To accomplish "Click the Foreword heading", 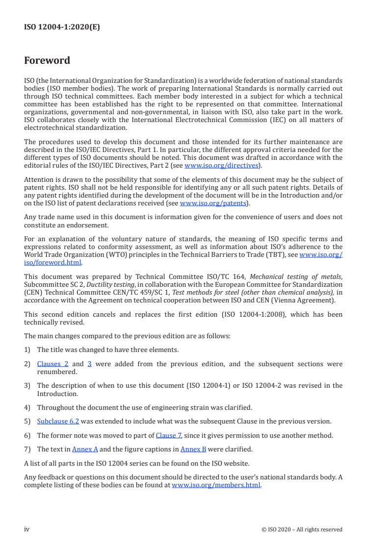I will [x=47, y=61].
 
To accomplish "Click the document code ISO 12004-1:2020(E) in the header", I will [x=62, y=27].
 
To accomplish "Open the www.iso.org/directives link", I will [x=221, y=165].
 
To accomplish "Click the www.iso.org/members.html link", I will [x=216, y=485].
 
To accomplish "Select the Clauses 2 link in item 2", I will [x=52, y=364].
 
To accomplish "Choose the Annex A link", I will [x=85, y=449].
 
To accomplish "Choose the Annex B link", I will [x=193, y=449].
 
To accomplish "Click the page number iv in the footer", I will [x=27, y=529].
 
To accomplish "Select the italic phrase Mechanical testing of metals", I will [x=303, y=276].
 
